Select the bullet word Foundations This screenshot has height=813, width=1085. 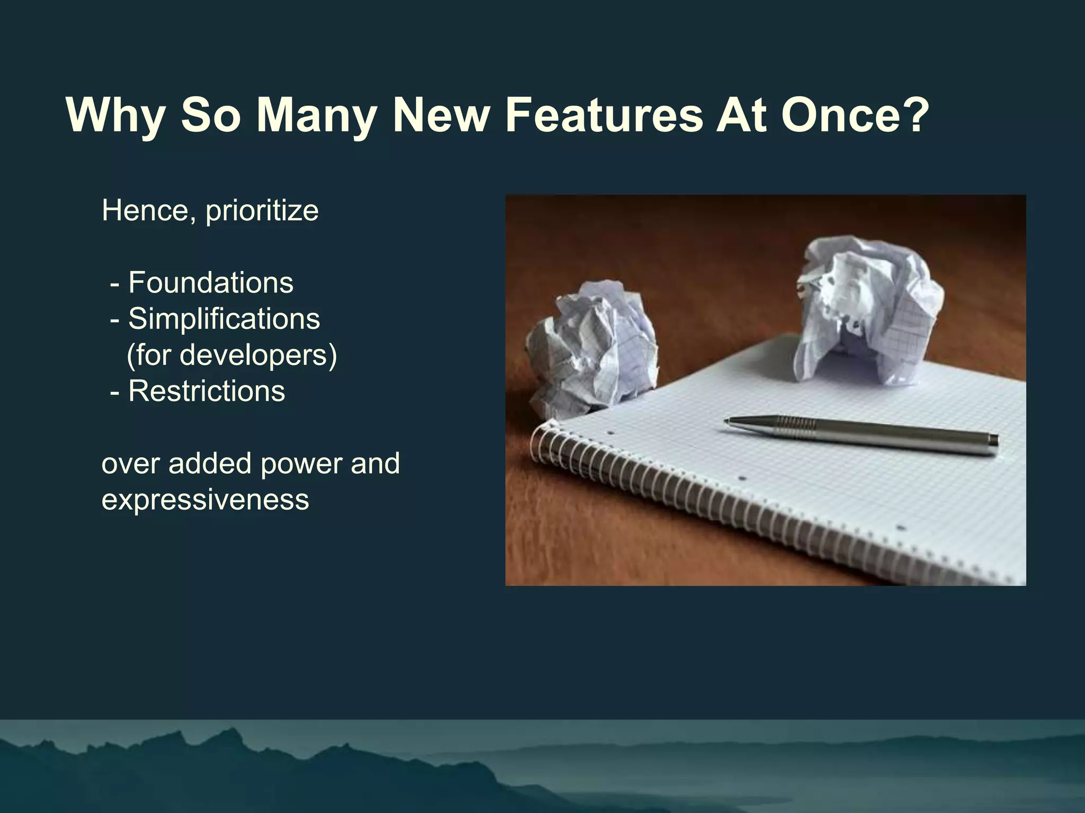210,282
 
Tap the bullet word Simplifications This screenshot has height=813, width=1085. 224,319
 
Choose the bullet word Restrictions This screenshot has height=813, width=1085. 207,391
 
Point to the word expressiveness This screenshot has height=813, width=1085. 205,500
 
